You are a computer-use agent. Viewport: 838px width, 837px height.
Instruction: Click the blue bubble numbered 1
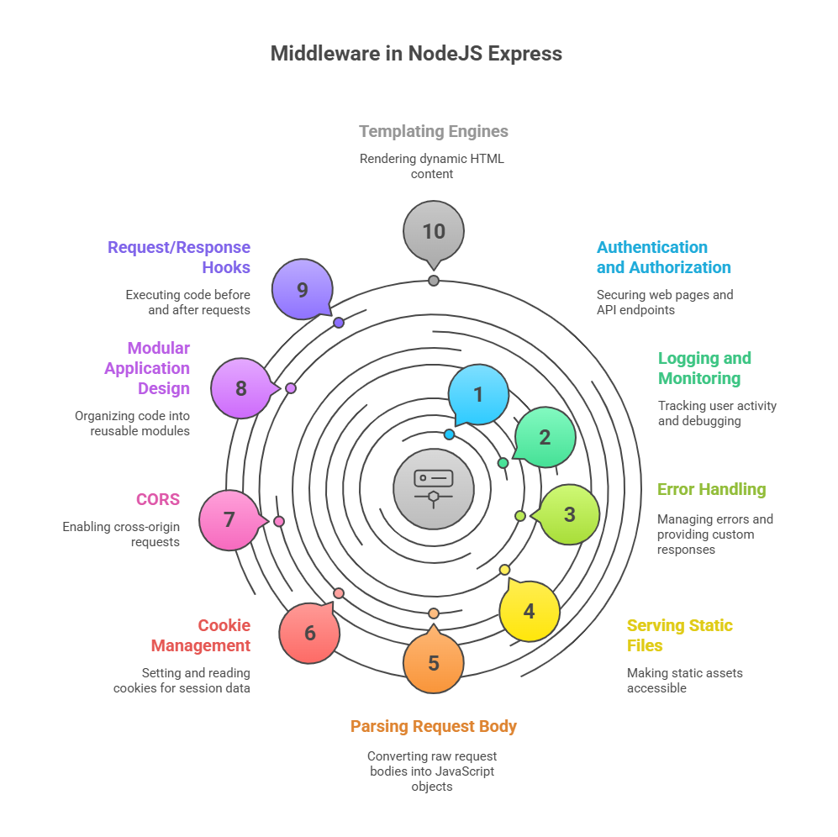tap(478, 394)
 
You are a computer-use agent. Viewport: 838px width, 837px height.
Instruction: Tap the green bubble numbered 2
tap(545, 437)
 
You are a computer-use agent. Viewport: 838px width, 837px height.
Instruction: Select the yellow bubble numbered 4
tap(529, 611)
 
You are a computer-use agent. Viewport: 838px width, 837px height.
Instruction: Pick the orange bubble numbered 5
tap(434, 663)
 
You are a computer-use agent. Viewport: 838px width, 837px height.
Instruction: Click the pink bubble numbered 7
tap(229, 520)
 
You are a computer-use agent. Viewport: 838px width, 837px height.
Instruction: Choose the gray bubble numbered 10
tap(434, 231)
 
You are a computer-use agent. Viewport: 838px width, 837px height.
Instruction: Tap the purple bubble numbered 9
tap(303, 290)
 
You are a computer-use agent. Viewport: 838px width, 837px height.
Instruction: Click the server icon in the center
tap(434, 489)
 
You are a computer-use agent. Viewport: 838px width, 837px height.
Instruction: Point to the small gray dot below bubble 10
tap(434, 281)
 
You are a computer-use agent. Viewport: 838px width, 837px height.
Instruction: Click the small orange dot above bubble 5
tap(434, 613)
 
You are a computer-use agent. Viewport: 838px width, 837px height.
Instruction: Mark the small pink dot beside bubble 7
tap(279, 521)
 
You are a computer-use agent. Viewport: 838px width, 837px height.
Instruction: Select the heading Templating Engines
tap(434, 131)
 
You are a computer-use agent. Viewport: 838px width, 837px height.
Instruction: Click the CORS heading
tap(158, 499)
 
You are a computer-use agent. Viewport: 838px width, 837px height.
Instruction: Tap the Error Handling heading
tap(711, 490)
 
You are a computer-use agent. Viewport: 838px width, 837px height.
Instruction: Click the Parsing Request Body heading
tap(434, 726)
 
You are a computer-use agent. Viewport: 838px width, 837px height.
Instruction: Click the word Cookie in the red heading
tap(224, 625)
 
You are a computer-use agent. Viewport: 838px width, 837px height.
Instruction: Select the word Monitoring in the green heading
tap(699, 378)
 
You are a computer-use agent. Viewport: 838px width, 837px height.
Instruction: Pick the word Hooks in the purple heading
tap(226, 267)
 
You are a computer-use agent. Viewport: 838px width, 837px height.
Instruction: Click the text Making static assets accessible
tap(685, 681)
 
